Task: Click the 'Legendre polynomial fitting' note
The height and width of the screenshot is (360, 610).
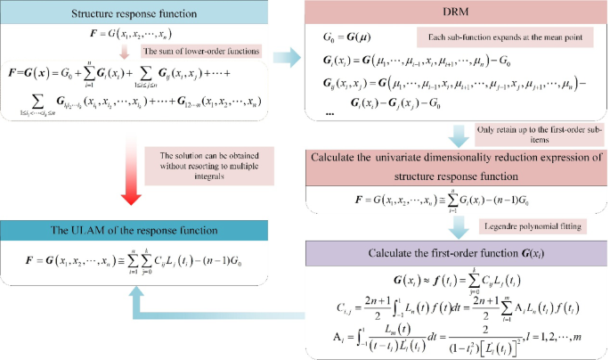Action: (x=520, y=225)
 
